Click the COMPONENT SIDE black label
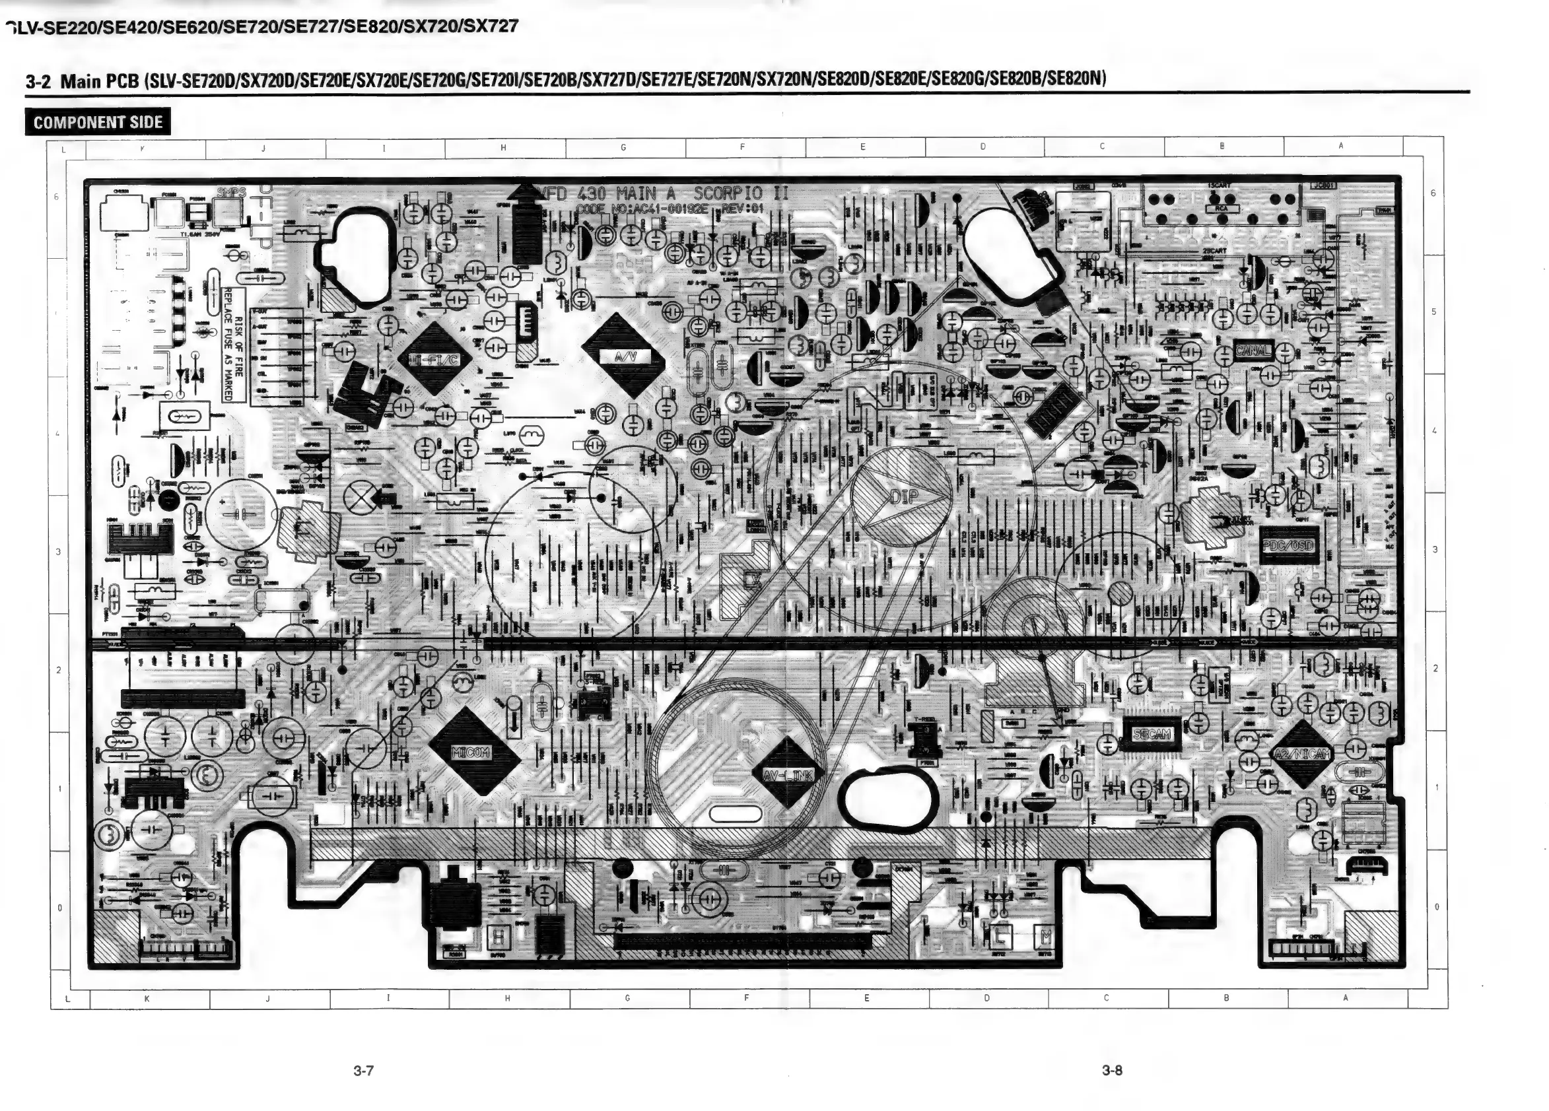click(x=98, y=122)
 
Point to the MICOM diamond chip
click(x=471, y=752)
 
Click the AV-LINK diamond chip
click(x=788, y=774)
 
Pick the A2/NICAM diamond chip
click(x=1303, y=754)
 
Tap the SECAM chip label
click(x=1152, y=734)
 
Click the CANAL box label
click(x=1253, y=351)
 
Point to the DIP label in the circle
click(x=903, y=496)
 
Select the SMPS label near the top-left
click(x=231, y=193)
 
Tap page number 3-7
click(x=363, y=1070)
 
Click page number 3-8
click(x=1112, y=1070)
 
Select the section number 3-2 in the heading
click(x=38, y=82)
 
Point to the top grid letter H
click(x=503, y=147)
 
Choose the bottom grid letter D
click(x=986, y=998)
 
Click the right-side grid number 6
click(x=1433, y=193)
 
